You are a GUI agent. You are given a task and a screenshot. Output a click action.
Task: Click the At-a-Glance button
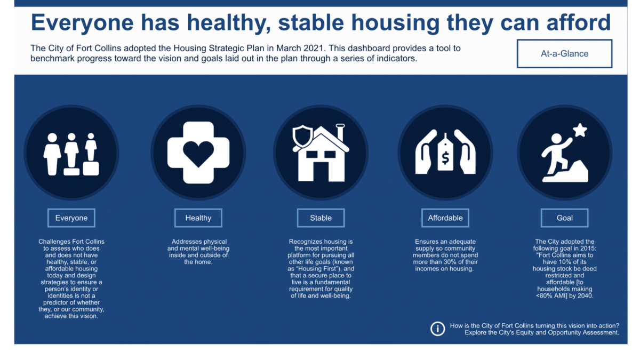click(564, 54)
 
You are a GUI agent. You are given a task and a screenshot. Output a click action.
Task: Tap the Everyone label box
click(71, 218)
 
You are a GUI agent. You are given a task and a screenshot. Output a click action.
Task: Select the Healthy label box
click(198, 218)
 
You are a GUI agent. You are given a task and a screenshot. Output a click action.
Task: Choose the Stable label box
click(321, 218)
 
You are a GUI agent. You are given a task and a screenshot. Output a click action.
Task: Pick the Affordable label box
click(445, 218)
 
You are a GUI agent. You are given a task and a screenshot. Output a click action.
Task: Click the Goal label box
click(565, 218)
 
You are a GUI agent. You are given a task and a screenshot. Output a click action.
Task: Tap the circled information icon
click(438, 329)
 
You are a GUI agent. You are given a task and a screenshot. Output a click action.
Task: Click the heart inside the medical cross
click(198, 154)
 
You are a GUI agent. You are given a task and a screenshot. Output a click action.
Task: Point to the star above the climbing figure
click(580, 130)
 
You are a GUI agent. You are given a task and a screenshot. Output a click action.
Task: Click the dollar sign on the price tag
click(445, 158)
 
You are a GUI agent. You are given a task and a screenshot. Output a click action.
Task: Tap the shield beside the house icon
click(302, 138)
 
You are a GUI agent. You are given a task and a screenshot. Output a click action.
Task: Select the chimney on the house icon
click(340, 133)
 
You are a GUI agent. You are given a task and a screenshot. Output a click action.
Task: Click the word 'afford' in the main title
click(579, 22)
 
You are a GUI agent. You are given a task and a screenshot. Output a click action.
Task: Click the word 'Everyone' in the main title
click(82, 23)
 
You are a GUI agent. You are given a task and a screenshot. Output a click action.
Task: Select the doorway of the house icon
click(321, 171)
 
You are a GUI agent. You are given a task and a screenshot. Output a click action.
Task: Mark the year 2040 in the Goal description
click(585, 295)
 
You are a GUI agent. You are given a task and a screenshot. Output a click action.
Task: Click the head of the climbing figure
click(556, 139)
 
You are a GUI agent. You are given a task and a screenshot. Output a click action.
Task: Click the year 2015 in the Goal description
click(588, 249)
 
